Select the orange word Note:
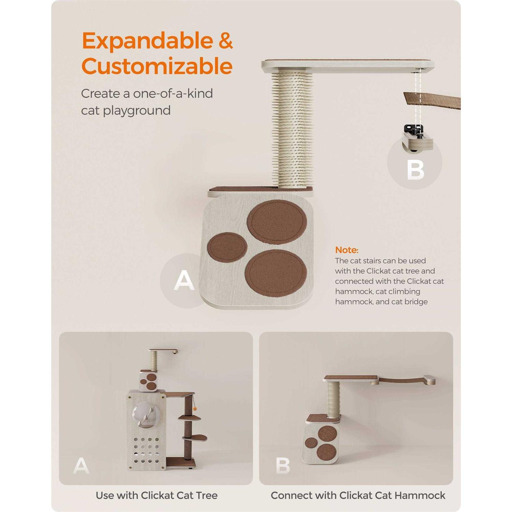346,250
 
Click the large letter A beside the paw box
184,280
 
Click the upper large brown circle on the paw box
277,222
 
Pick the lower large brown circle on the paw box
276,272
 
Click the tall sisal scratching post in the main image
293,128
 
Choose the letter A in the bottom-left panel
81,466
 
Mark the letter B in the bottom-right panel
283,466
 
